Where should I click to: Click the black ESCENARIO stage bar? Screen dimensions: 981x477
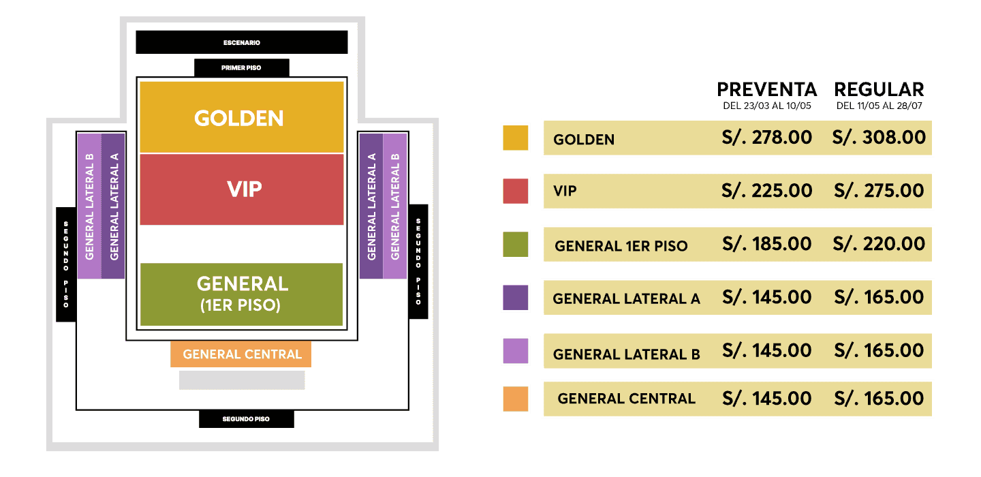tap(242, 42)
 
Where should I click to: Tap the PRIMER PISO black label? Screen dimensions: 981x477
tap(242, 68)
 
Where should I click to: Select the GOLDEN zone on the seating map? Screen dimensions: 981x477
tap(242, 117)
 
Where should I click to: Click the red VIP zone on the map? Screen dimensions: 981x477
tap(242, 189)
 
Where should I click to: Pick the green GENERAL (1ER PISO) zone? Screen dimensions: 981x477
tap(242, 294)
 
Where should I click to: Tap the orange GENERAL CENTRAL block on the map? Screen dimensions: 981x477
tap(241, 354)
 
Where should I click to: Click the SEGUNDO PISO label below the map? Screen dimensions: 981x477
tap(247, 419)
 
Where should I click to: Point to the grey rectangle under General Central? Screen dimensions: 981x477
tap(242, 380)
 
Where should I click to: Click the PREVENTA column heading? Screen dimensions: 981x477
tap(767, 90)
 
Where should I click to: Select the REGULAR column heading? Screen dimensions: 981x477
tap(879, 90)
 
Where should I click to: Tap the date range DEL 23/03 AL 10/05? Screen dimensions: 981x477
tap(767, 106)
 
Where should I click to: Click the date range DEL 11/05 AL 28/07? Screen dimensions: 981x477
tap(879, 106)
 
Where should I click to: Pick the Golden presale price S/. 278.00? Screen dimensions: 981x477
tap(767, 138)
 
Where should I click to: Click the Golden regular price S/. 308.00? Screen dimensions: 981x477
tap(879, 138)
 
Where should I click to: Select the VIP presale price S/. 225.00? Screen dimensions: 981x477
tap(767, 191)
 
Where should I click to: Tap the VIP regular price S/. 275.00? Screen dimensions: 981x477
tap(879, 191)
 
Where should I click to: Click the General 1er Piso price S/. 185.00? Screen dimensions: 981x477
tap(767, 244)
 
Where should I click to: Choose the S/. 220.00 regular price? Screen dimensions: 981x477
tap(879, 244)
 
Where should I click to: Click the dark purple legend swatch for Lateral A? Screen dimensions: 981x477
tap(516, 297)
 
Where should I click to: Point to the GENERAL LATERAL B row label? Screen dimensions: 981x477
tap(626, 354)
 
